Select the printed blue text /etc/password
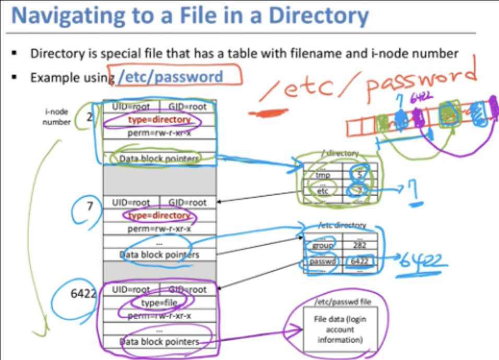[x=170, y=77]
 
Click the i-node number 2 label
[x=89, y=117]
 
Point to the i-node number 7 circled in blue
[x=90, y=206]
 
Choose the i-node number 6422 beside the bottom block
[x=83, y=293]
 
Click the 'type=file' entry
[x=159, y=303]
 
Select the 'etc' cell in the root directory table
[x=323, y=191]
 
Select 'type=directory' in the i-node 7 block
[x=159, y=215]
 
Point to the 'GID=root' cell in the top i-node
[x=187, y=106]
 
